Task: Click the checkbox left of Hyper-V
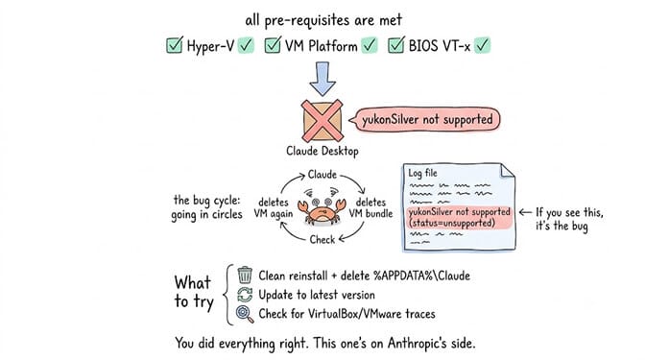(175, 45)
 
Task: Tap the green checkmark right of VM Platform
(369, 45)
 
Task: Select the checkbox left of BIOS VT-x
(396, 45)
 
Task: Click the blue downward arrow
(322, 79)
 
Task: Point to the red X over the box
(322, 120)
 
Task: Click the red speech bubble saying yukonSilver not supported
(425, 120)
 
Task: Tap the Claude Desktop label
(322, 151)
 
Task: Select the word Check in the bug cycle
(322, 239)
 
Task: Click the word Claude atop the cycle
(322, 175)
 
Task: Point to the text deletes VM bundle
(370, 207)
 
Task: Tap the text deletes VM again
(274, 207)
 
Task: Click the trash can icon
(245, 275)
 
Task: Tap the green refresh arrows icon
(245, 295)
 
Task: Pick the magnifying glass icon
(245, 314)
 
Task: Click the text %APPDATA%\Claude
(421, 276)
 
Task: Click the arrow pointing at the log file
(525, 212)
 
